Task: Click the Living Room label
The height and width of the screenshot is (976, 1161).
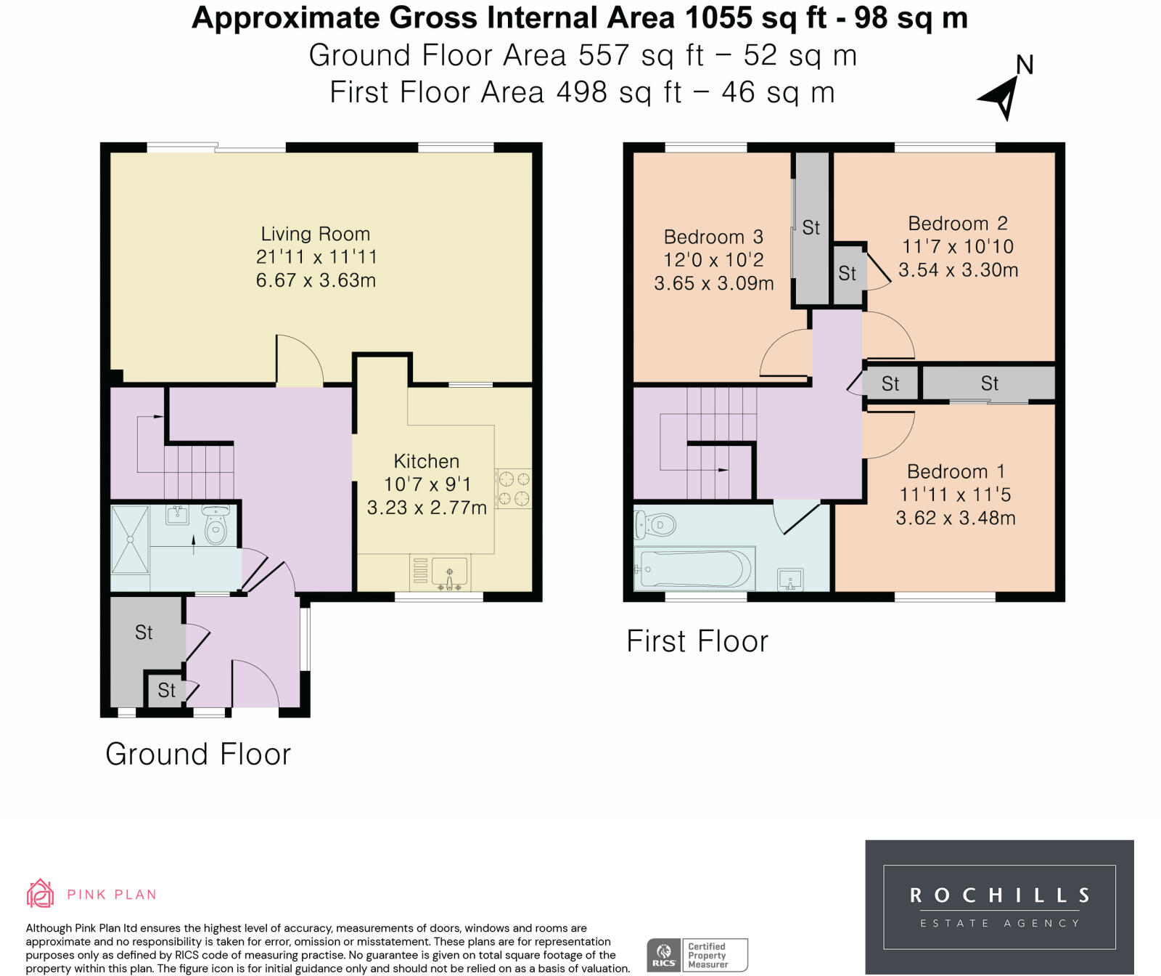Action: click(x=315, y=234)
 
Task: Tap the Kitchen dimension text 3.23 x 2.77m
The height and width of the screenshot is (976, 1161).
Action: click(x=427, y=508)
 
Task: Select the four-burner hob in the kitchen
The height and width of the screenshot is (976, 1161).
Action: click(x=513, y=488)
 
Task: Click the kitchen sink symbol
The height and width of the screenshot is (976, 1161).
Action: click(x=449, y=572)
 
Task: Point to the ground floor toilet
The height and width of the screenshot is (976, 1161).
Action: click(x=216, y=525)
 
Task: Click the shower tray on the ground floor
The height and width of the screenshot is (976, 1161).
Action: click(x=130, y=540)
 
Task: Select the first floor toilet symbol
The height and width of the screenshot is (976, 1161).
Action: click(x=655, y=524)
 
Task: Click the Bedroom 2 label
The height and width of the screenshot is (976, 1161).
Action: click(x=957, y=224)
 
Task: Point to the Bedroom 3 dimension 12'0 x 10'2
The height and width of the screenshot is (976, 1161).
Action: click(x=713, y=260)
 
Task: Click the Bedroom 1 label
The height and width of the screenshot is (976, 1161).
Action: click(x=955, y=472)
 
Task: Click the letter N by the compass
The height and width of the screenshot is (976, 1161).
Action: click(x=1025, y=65)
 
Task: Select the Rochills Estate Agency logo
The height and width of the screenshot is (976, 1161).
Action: click(x=999, y=906)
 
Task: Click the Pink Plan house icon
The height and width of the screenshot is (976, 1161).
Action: click(x=41, y=893)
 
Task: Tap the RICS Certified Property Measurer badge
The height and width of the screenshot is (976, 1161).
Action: click(x=697, y=955)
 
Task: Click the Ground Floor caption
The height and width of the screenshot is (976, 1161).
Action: click(x=198, y=755)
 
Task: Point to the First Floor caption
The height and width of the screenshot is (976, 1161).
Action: click(x=697, y=642)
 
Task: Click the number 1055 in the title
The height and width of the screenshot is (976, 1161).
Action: click(x=722, y=17)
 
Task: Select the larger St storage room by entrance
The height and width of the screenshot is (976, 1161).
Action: click(x=144, y=633)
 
